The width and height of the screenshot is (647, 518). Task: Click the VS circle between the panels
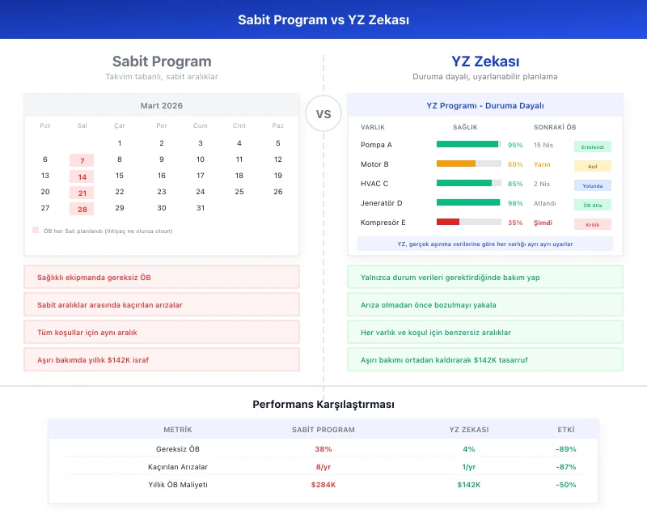pyautogui.click(x=323, y=114)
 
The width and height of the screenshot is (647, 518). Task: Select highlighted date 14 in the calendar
pyautogui.click(x=82, y=176)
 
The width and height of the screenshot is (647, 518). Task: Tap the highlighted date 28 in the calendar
pyautogui.click(x=82, y=209)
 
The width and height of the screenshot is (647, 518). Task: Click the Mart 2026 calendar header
pyautogui.click(x=162, y=106)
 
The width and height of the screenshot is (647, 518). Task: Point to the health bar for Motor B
pyautogui.click(x=468, y=163)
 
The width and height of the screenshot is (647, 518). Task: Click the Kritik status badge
pyautogui.click(x=592, y=224)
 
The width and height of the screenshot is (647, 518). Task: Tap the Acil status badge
pyautogui.click(x=592, y=166)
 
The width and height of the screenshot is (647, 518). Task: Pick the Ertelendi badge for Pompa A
pyautogui.click(x=592, y=146)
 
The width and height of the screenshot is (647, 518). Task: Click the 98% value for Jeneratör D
pyautogui.click(x=515, y=203)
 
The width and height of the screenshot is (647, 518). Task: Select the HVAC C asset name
pyautogui.click(x=374, y=184)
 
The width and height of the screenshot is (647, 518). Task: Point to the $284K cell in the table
pyautogui.click(x=323, y=485)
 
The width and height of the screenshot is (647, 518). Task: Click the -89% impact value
pyautogui.click(x=566, y=449)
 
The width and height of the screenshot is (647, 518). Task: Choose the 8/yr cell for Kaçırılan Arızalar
pyautogui.click(x=323, y=467)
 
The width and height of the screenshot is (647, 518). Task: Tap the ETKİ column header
pyautogui.click(x=566, y=430)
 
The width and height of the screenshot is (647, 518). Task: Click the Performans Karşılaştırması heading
pyautogui.click(x=323, y=404)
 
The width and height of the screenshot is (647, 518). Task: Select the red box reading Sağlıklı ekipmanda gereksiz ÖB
pyautogui.click(x=162, y=278)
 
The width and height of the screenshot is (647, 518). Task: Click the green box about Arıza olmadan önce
pyautogui.click(x=485, y=305)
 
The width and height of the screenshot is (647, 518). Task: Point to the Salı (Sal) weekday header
pyautogui.click(x=82, y=125)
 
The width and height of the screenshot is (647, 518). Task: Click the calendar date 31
pyautogui.click(x=201, y=208)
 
